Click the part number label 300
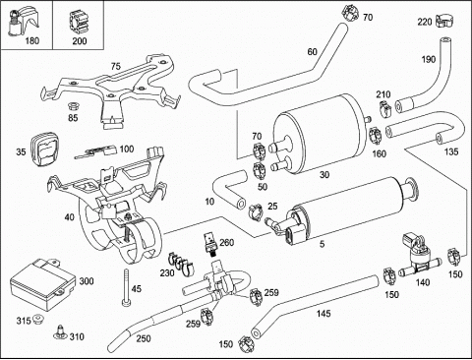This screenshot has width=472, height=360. click(x=87, y=281)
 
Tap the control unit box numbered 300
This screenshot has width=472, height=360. click(x=43, y=283)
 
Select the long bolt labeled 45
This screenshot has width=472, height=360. click(x=126, y=287)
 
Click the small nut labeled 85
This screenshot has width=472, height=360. click(x=72, y=106)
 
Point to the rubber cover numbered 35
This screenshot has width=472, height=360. click(x=45, y=149)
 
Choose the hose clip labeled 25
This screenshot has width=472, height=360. click(x=256, y=211)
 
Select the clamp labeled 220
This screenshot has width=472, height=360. click(x=444, y=22)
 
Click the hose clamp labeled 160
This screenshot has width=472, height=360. click(x=376, y=136)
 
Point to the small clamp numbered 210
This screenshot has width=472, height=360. click(x=384, y=108)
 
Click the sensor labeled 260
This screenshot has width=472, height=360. click(x=209, y=244)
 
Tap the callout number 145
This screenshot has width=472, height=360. click(x=324, y=314)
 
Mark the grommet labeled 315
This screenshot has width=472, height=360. click(x=38, y=319)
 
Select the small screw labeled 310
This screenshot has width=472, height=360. click(x=60, y=331)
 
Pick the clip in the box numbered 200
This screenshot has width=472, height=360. click(x=78, y=23)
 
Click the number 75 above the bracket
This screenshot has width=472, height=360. click(x=116, y=66)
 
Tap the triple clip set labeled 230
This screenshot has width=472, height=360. click(x=181, y=264)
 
